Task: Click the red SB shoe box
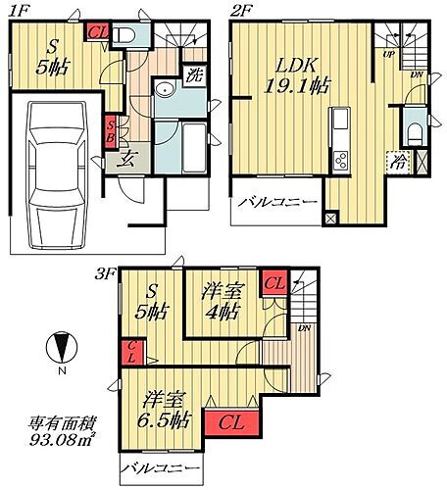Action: pyautogui.click(x=111, y=130)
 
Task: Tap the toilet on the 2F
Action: pyautogui.click(x=413, y=128)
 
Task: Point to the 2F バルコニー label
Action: pyautogui.click(x=279, y=203)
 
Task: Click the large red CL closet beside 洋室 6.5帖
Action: pyautogui.click(x=231, y=423)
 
